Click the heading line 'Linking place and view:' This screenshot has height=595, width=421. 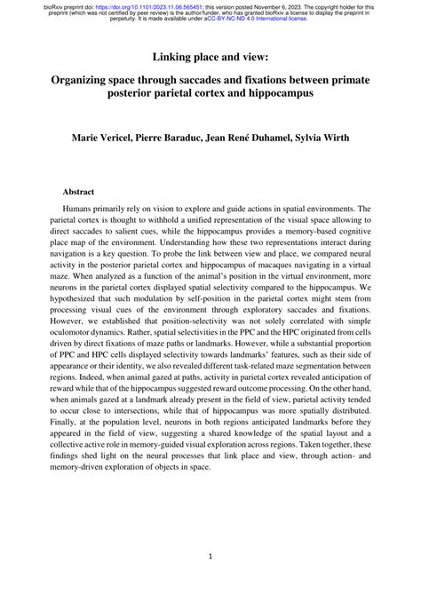(x=210, y=57)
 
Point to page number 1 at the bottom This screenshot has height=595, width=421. (x=210, y=557)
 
